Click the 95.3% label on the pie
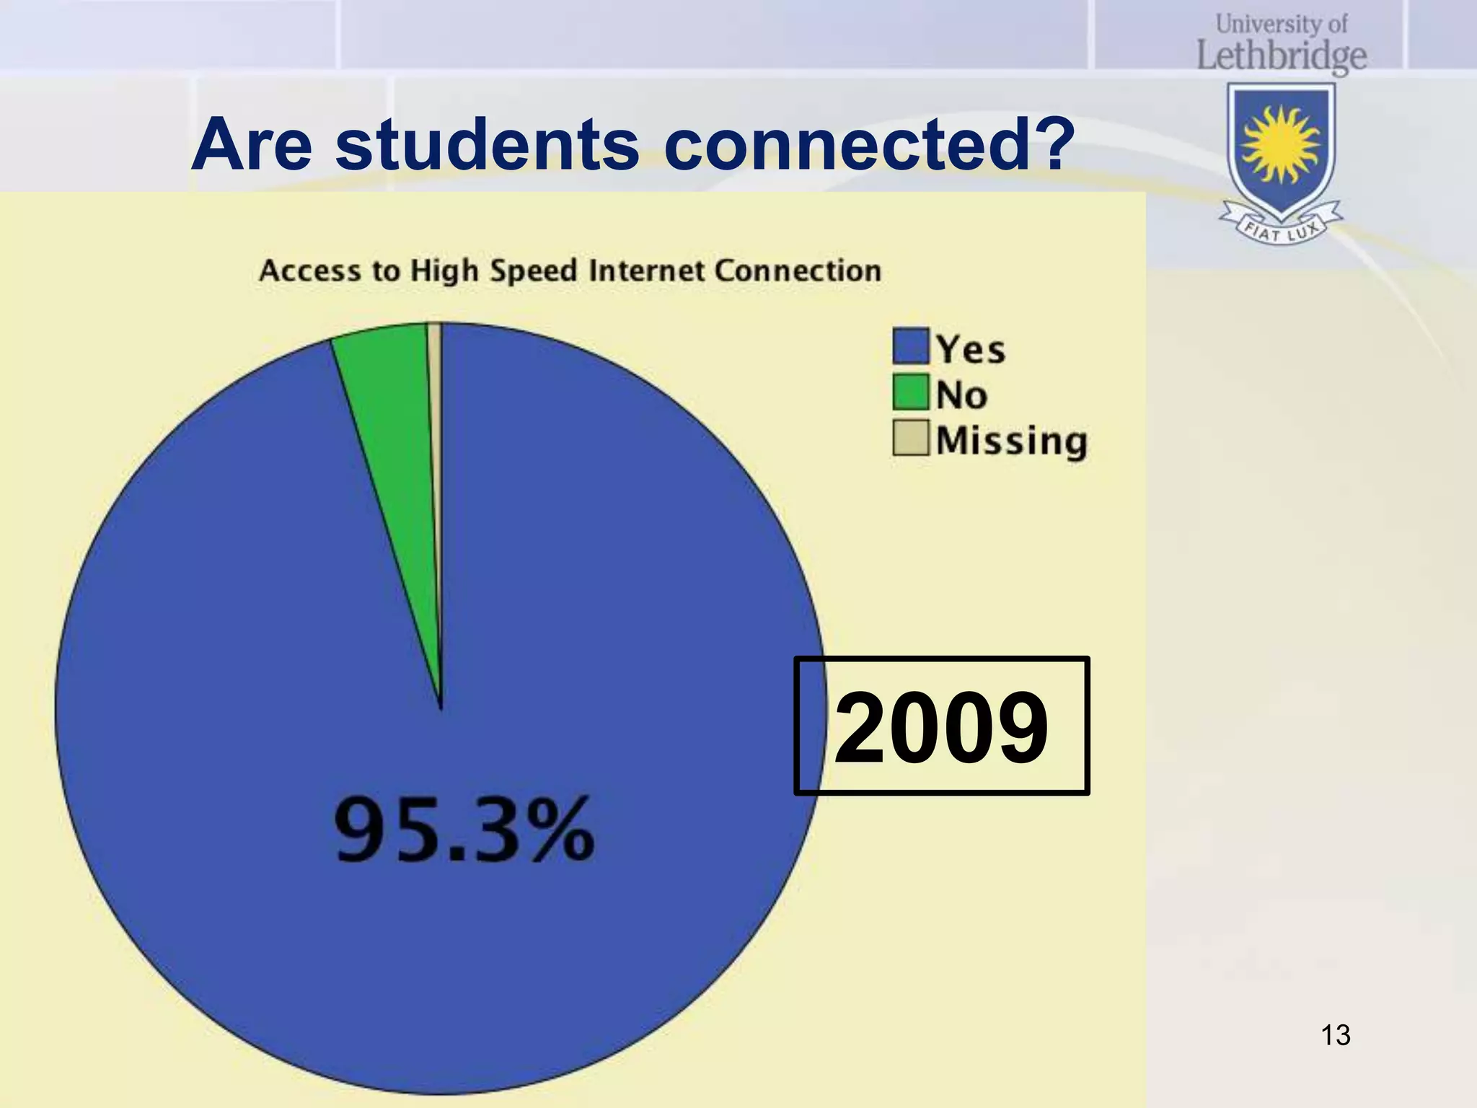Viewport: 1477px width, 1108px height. pyautogui.click(x=464, y=830)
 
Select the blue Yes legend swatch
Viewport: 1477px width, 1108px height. pyautogui.click(x=910, y=347)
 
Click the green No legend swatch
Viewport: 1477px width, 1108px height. pyautogui.click(x=910, y=392)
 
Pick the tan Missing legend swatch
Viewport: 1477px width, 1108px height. pyautogui.click(x=910, y=438)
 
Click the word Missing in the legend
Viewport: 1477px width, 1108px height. pyautogui.click(x=1011, y=440)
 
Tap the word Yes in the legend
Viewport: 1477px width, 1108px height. pyautogui.click(x=971, y=349)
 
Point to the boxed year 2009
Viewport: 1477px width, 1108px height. pyautogui.click(x=941, y=726)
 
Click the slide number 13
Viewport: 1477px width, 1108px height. pyautogui.click(x=1335, y=1035)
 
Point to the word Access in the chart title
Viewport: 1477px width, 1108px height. pyautogui.click(x=310, y=271)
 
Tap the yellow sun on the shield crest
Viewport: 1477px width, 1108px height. pyautogui.click(x=1281, y=144)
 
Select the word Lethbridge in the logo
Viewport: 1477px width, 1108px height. pyautogui.click(x=1282, y=56)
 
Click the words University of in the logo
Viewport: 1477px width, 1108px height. pyautogui.click(x=1282, y=24)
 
